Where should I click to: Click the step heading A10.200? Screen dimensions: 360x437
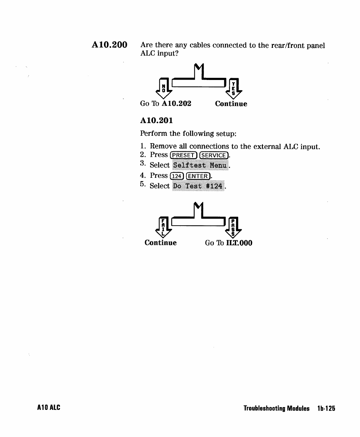(x=109, y=45)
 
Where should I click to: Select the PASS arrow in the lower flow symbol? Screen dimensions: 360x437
(x=233, y=227)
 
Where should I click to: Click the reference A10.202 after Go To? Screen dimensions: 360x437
(x=176, y=104)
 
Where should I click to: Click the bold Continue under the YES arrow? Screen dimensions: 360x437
(x=231, y=104)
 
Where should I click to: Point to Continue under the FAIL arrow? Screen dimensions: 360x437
(x=160, y=243)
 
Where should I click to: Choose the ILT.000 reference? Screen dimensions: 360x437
(x=239, y=243)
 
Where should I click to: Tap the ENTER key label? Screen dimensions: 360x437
(x=198, y=176)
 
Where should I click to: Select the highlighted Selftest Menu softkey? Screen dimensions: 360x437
(x=200, y=165)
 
